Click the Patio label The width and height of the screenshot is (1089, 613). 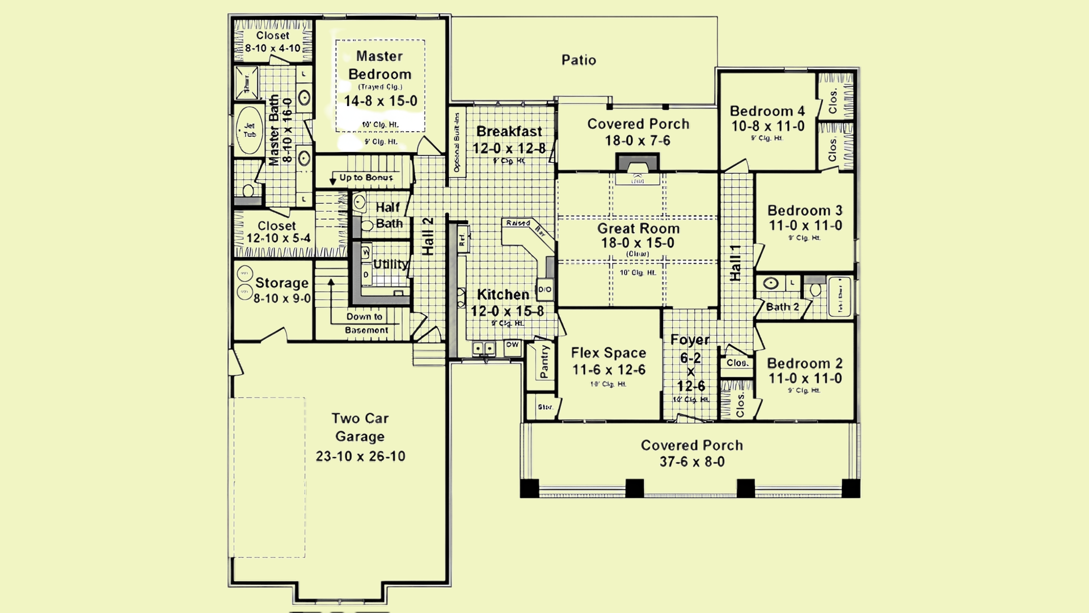coord(579,60)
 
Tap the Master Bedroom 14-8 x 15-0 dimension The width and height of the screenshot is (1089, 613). coord(381,102)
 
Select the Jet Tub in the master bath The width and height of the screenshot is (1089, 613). coord(250,131)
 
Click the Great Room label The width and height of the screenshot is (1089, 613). coord(638,229)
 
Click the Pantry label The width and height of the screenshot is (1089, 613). coord(544,362)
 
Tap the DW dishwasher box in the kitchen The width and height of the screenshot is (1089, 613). coord(512,345)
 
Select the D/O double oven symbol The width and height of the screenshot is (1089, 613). coord(544,289)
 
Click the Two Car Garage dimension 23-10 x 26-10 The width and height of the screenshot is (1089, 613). coord(360,456)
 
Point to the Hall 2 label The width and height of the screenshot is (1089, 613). coord(428,236)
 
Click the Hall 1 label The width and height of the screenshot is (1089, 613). coord(735,263)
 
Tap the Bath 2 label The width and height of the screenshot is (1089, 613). coord(782,307)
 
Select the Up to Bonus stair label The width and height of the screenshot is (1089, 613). coord(366,178)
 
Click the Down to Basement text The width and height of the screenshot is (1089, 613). coord(366,324)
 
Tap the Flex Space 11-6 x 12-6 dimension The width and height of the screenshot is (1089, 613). coord(609,370)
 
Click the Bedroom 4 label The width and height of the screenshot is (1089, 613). coord(767,111)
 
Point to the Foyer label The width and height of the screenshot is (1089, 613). coord(690,340)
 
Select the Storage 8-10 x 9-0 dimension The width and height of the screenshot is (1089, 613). coord(282,299)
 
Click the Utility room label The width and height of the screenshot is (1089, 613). coord(390,264)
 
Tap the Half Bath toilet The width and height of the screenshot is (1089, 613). coord(367,225)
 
